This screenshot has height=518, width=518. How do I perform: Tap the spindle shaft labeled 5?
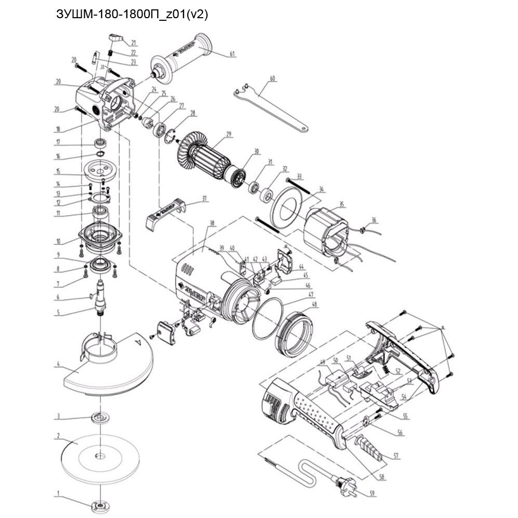point(100,299)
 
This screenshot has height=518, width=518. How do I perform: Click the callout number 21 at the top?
point(134,43)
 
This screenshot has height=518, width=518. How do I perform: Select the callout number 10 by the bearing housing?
point(58,241)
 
